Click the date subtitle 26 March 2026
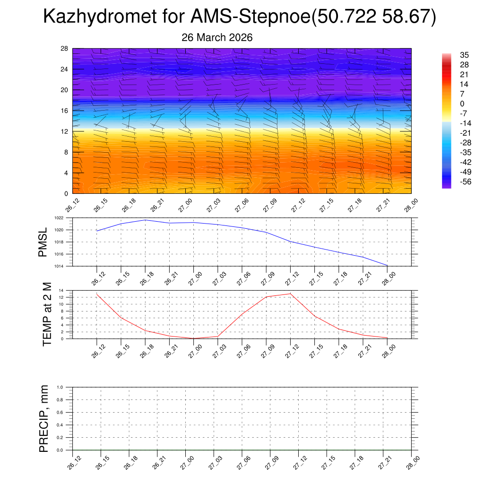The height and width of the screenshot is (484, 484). pos(217,37)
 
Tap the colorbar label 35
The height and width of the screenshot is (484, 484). pos(464,55)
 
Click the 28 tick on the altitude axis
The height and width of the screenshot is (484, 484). pos(65,49)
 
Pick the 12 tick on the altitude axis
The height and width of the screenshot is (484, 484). pos(65,131)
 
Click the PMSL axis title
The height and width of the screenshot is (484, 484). pos(43,242)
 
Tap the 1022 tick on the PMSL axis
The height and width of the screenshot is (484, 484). pos(59,218)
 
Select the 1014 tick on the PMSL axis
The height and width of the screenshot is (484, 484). pos(59,266)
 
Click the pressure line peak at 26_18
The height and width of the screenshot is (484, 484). pos(145,220)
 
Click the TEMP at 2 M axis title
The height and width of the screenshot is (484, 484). pos(47,314)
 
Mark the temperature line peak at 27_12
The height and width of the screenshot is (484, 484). pos(290,294)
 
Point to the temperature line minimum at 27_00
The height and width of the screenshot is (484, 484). pos(193,338)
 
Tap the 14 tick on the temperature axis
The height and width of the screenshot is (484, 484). pos(61,290)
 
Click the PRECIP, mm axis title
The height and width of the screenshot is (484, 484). pos(44,419)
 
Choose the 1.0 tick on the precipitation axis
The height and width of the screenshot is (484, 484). pos(60,387)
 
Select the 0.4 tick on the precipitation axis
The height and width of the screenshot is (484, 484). pos(60,425)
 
